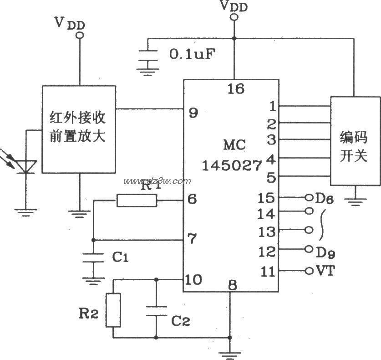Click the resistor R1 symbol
pyautogui.click(x=137, y=201)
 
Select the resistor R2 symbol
pyautogui.click(x=113, y=310)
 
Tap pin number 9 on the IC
pyautogui.click(x=193, y=113)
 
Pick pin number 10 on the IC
pyautogui.click(x=194, y=280)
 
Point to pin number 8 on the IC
pyautogui.click(x=233, y=286)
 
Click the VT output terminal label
pyautogui.click(x=326, y=271)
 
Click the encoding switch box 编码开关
pyautogui.click(x=355, y=141)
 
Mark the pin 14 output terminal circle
pyautogui.click(x=310, y=211)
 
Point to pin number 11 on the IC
pyautogui.click(x=268, y=272)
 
